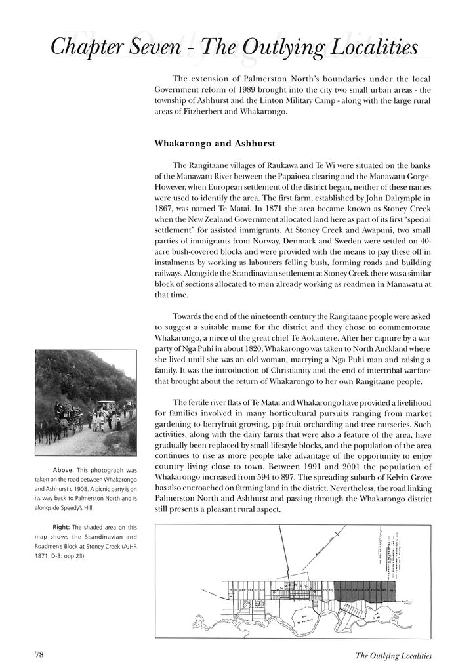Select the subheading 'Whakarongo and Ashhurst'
(x=214, y=142)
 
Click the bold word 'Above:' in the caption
(x=64, y=469)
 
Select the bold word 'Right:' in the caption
(x=62, y=526)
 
